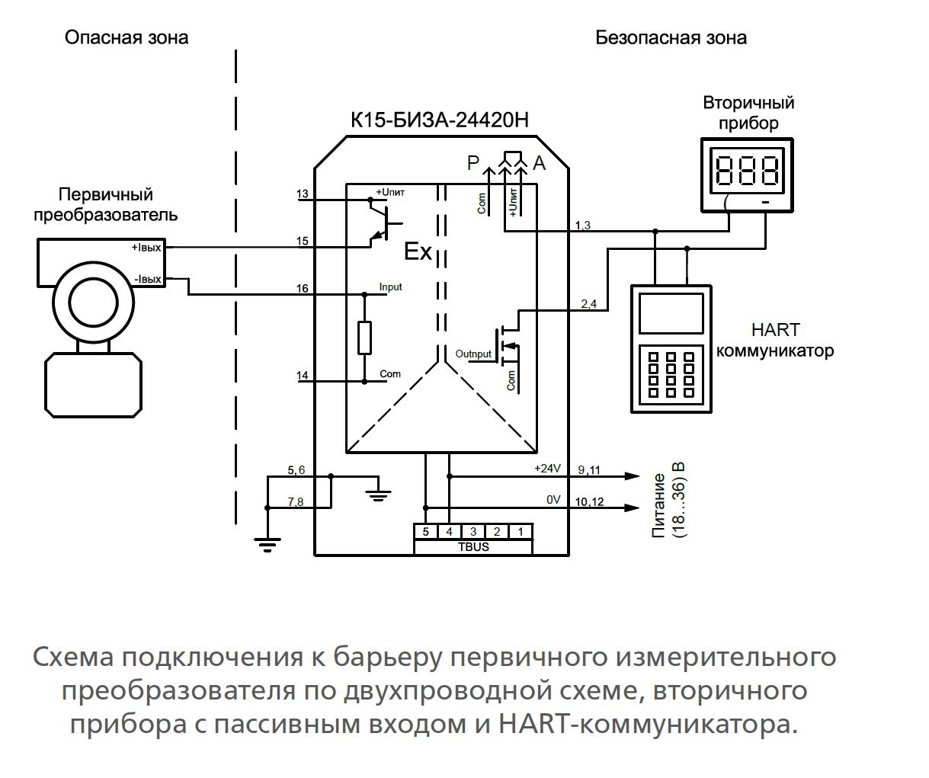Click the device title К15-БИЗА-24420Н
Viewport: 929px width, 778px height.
click(x=440, y=120)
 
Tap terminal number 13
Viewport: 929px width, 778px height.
click(x=303, y=194)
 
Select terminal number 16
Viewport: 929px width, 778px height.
click(x=303, y=289)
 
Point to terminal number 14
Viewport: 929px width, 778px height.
click(x=303, y=375)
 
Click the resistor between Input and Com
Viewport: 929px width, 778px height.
click(x=364, y=338)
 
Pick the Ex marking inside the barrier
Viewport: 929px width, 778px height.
click(x=418, y=252)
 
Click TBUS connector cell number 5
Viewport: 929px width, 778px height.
click(x=426, y=532)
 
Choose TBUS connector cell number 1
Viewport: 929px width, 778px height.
click(x=521, y=532)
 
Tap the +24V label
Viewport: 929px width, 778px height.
click(x=547, y=469)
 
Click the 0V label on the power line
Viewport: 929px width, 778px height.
click(x=553, y=500)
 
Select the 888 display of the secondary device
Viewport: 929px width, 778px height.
click(x=748, y=170)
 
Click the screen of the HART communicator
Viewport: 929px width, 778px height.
click(x=671, y=312)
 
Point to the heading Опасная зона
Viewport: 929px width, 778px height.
click(x=127, y=37)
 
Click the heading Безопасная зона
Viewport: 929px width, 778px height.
click(x=671, y=37)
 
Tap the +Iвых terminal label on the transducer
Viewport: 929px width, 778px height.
click(x=146, y=248)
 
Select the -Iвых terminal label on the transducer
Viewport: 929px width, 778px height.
click(x=148, y=280)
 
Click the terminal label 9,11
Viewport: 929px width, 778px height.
click(x=589, y=470)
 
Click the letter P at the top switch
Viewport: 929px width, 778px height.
click(x=473, y=162)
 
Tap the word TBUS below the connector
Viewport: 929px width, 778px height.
click(x=473, y=546)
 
